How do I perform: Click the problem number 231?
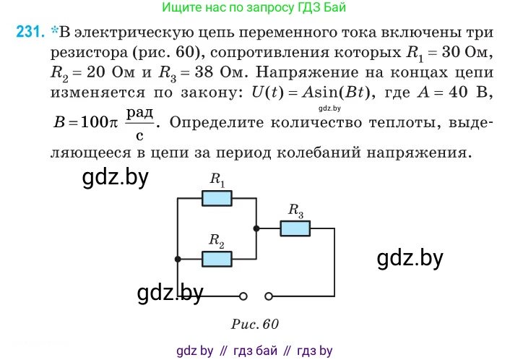tap(30, 32)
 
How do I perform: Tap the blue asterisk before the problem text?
tap(54, 30)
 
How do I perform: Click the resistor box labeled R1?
tap(217, 198)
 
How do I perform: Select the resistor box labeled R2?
tap(217, 259)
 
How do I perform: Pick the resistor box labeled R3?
tap(295, 228)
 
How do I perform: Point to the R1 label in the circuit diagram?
tap(217, 180)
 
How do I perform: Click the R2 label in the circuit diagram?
tap(217, 241)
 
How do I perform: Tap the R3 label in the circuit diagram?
tap(295, 210)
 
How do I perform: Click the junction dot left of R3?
tap(256, 228)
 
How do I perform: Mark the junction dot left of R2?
tap(178, 259)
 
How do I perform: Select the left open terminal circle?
tap(243, 296)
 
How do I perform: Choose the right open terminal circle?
tap(269, 296)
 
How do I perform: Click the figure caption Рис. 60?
tap(255, 324)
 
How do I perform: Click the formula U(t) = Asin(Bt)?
tap(311, 93)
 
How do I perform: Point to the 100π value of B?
tap(99, 122)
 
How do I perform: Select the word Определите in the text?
tap(217, 123)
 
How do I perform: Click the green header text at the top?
tap(254, 7)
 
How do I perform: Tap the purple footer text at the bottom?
tap(254, 351)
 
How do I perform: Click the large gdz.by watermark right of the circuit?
tap(410, 259)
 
